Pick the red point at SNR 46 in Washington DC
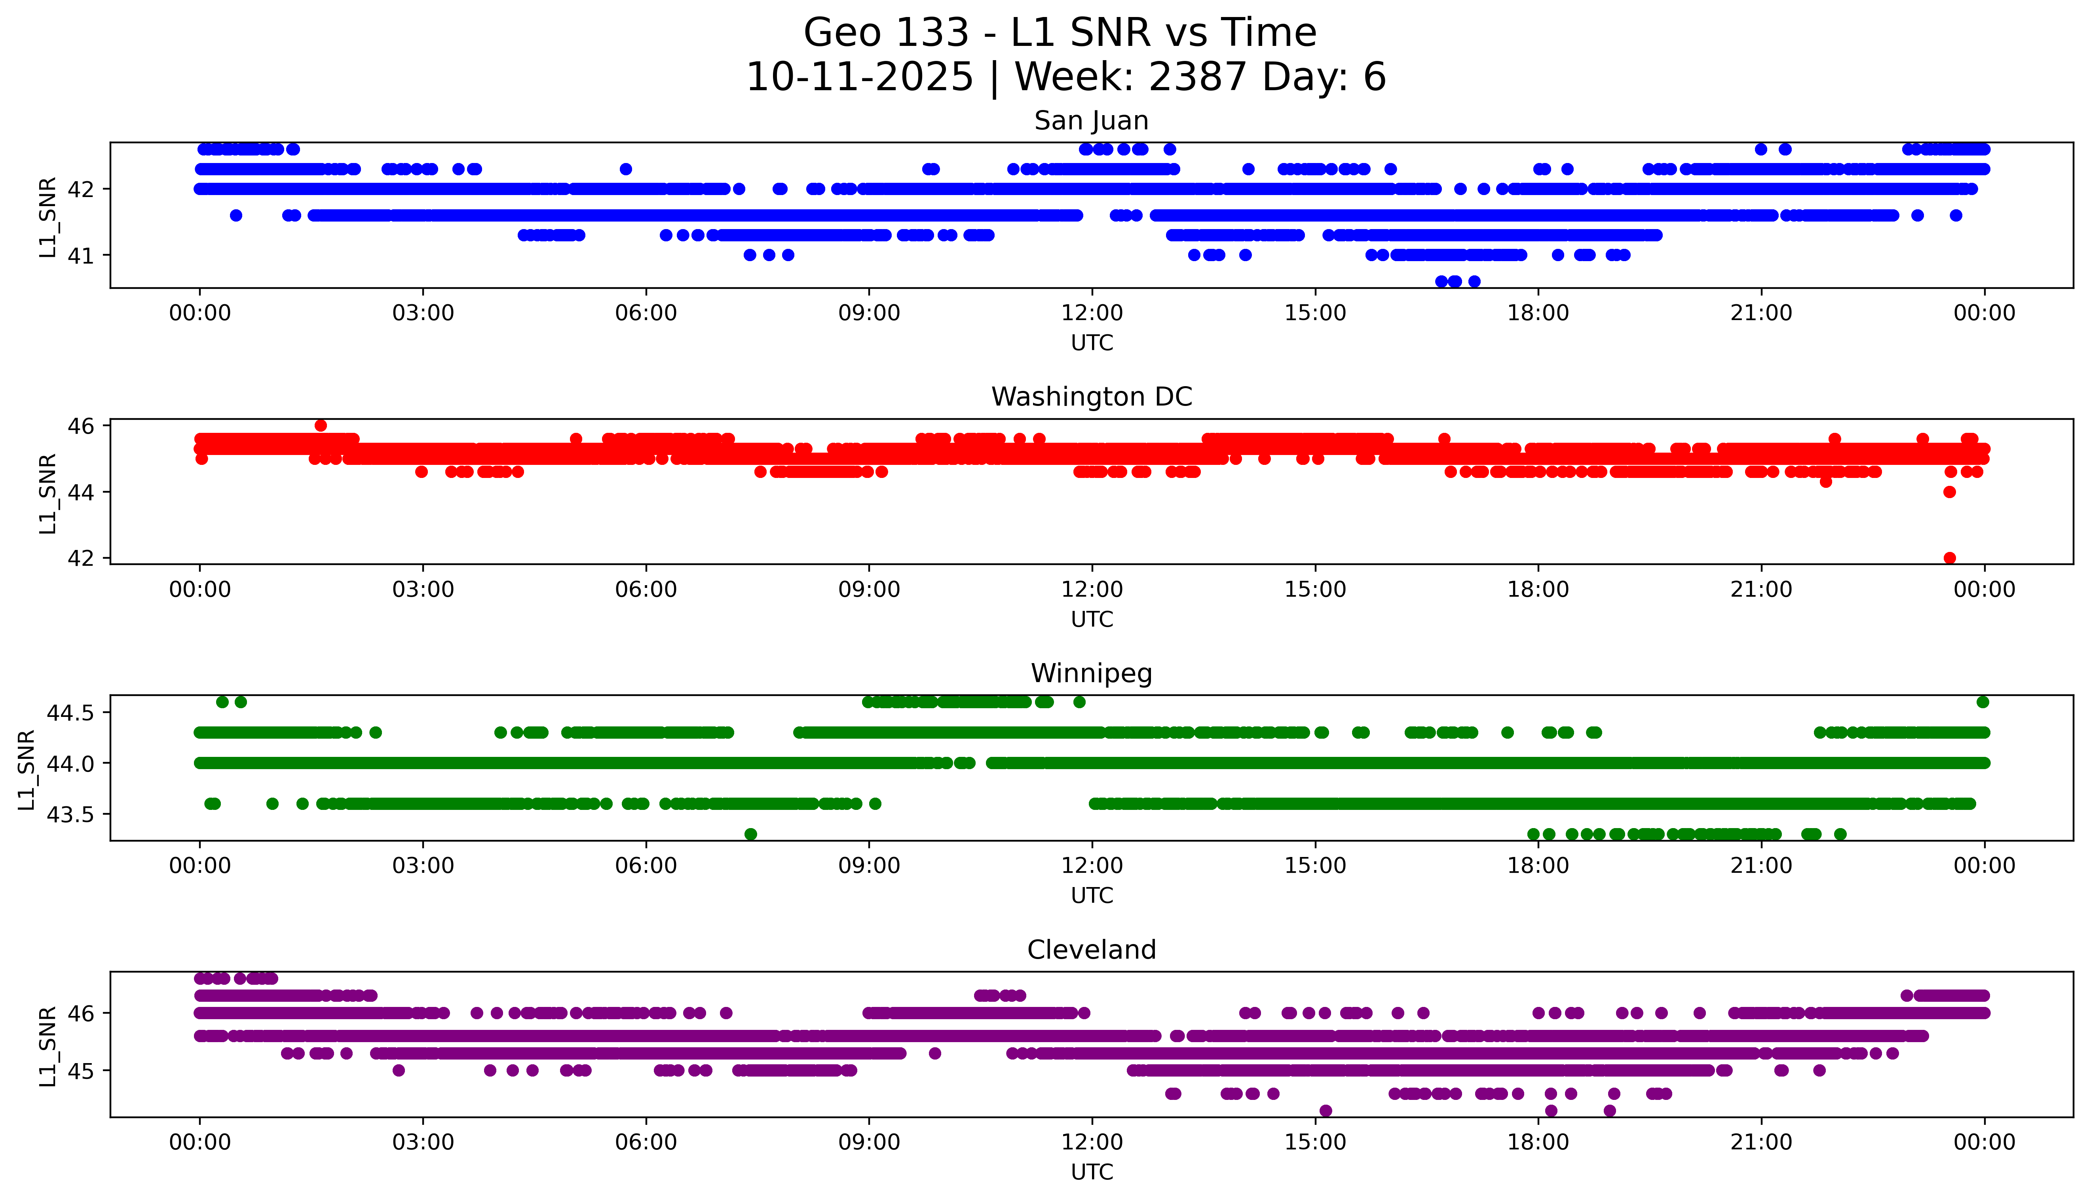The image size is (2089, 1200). coord(321,425)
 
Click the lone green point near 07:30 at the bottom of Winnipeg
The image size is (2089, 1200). coord(750,834)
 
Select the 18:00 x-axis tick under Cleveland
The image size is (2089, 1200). coord(1538,1142)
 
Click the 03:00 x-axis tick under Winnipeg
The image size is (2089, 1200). coord(423,866)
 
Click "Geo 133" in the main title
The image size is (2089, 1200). coord(886,33)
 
